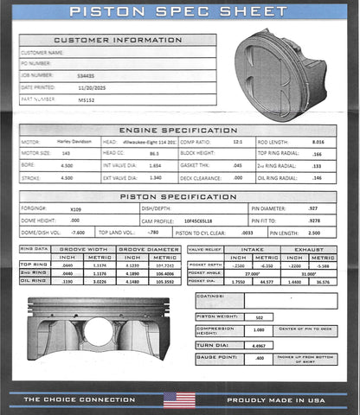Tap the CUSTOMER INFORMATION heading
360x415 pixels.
(118, 41)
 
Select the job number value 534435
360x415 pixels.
(87, 75)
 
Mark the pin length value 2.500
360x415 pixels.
(314, 233)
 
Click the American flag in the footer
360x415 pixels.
(179, 399)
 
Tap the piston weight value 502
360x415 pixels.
(260, 317)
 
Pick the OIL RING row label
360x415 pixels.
(32, 280)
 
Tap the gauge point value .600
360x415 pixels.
(260, 357)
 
